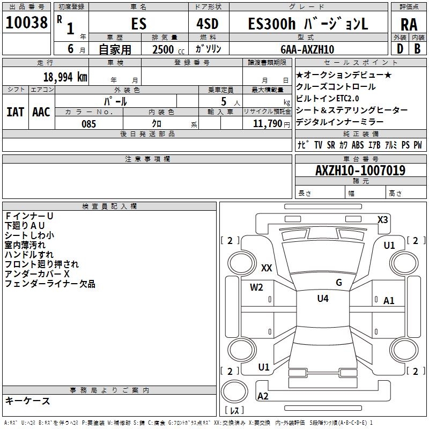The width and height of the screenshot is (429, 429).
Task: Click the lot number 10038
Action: pyautogui.click(x=27, y=23)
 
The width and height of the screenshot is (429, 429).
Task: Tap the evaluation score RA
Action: pyautogui.click(x=409, y=25)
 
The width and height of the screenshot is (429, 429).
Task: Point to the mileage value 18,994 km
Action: pyautogui.click(x=65, y=77)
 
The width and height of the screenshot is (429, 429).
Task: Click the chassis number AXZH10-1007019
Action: pyautogui.click(x=360, y=171)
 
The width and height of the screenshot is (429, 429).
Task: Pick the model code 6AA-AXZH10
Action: pyautogui.click(x=307, y=49)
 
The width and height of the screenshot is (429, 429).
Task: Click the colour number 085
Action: pyautogui.click(x=88, y=124)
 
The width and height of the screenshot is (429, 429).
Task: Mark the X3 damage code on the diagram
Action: pyautogui.click(x=383, y=219)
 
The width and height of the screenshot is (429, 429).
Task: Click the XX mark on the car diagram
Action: pyautogui.click(x=267, y=268)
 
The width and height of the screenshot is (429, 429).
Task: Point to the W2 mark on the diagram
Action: pyautogui.click(x=256, y=287)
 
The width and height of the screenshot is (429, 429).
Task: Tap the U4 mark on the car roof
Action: pyautogui.click(x=323, y=299)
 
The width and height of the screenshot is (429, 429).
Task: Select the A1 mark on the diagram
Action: pyautogui.click(x=389, y=301)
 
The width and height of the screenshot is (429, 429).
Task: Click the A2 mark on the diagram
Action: pyautogui.click(x=263, y=396)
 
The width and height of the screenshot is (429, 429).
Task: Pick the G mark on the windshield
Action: pyautogui.click(x=339, y=282)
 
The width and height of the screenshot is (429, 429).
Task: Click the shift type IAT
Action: pyautogui.click(x=15, y=112)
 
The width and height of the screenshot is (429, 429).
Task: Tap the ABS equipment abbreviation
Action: pyautogui.click(x=358, y=145)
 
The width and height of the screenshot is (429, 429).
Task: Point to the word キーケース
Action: pyautogui.click(x=28, y=401)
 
